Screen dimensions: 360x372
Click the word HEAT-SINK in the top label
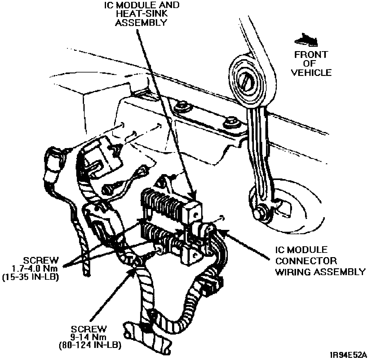pyautogui.click(x=141, y=14)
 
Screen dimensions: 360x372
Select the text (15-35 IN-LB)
pyautogui.click(x=30, y=276)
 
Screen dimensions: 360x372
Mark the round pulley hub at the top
pyautogui.click(x=246, y=77)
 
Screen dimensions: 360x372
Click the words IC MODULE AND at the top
pyautogui.click(x=141, y=5)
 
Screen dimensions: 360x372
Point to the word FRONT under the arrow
pyautogui.click(x=311, y=55)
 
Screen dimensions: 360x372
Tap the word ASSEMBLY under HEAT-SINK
pyautogui.click(x=141, y=23)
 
